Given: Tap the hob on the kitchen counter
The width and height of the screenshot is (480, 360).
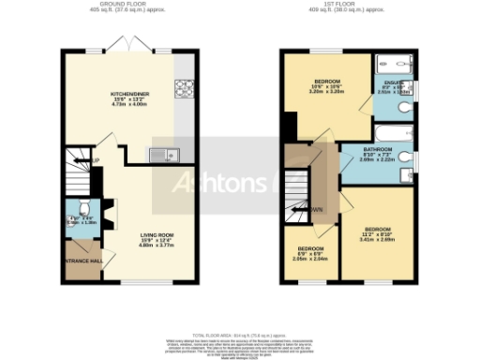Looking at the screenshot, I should click(186, 91).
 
